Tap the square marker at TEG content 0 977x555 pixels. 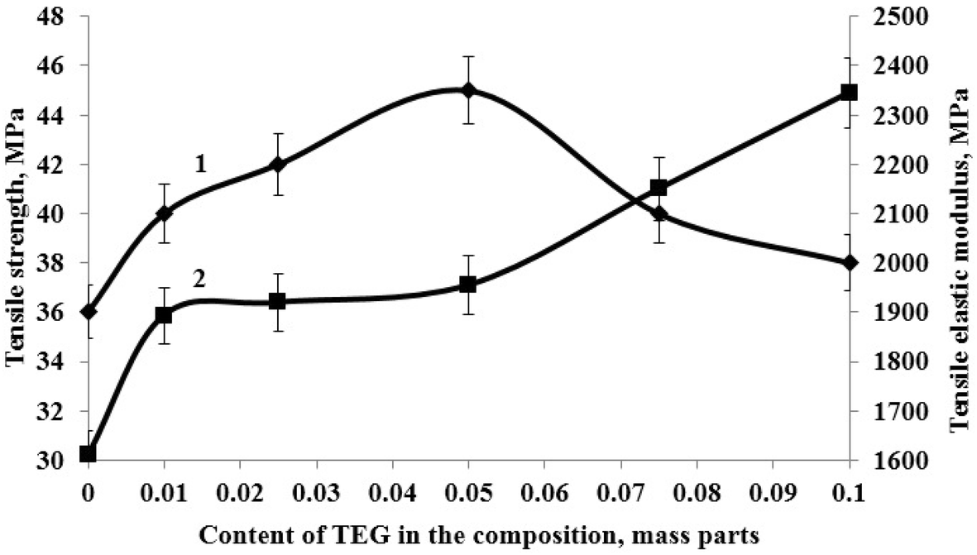(x=89, y=453)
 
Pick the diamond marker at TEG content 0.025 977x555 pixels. (x=278, y=165)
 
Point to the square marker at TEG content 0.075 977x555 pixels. (x=659, y=188)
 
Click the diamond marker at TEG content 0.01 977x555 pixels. (x=165, y=213)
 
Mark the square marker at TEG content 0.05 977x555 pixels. (x=468, y=285)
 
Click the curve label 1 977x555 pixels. (x=199, y=165)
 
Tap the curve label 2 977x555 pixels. (x=199, y=278)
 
